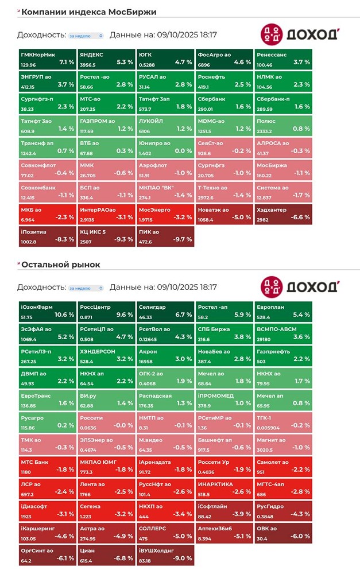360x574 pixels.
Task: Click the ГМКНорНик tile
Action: pyautogui.click(x=47, y=58)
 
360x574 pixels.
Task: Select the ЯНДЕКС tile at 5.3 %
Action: pyautogui.click(x=106, y=58)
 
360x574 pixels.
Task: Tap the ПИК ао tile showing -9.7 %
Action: pyautogui.click(x=165, y=236)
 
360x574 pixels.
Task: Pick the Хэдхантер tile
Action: pyautogui.click(x=282, y=214)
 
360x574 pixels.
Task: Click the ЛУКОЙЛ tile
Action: pyautogui.click(x=165, y=125)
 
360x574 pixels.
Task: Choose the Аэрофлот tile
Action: pyautogui.click(x=165, y=169)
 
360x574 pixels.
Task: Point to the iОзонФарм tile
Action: pyautogui.click(x=47, y=311)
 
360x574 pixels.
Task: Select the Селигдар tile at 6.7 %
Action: pyautogui.click(x=165, y=311)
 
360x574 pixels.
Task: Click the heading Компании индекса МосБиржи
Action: pyautogui.click(x=88, y=12)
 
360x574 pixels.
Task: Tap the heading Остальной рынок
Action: pyautogui.click(x=60, y=265)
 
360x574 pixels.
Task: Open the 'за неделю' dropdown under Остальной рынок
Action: pyautogui.click(x=86, y=288)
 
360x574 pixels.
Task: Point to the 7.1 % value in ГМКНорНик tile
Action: pyautogui.click(x=67, y=62)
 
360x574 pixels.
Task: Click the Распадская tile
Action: pyautogui.click(x=165, y=400)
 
